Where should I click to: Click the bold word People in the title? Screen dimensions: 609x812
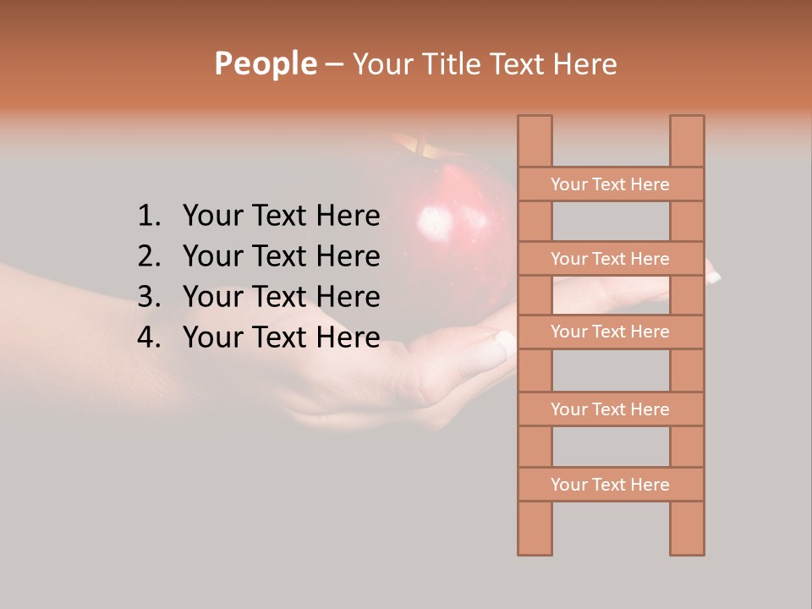tap(265, 63)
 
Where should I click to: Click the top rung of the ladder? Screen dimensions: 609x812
tap(610, 184)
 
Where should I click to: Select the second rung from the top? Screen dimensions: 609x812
tap(610, 259)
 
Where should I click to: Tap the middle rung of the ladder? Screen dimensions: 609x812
tap(610, 332)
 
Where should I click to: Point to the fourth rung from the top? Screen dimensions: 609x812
tap(610, 409)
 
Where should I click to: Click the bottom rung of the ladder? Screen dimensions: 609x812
tap(610, 485)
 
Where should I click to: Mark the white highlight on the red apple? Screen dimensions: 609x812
tap(435, 222)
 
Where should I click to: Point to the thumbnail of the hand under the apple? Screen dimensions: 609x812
tap(505, 341)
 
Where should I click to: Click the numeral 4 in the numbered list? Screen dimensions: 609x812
tap(147, 337)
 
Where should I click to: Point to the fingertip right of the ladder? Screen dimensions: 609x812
tap(712, 274)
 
